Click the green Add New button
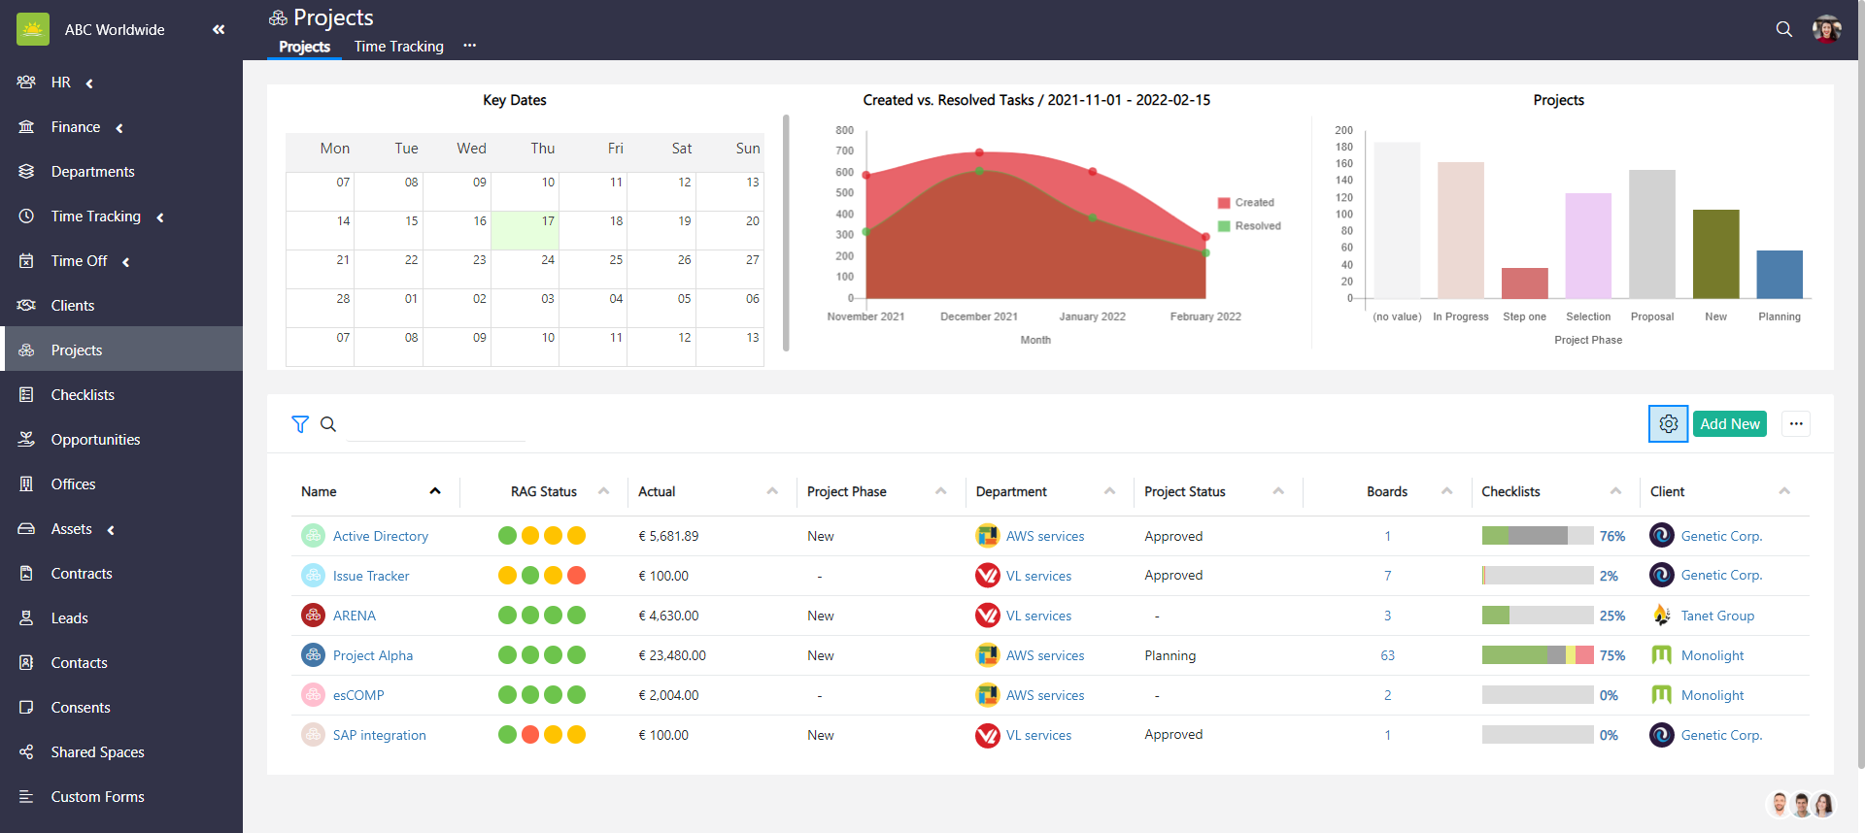point(1729,424)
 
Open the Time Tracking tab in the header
point(398,47)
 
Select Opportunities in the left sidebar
point(95,440)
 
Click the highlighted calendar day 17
point(525,230)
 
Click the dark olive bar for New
point(1715,254)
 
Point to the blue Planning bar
point(1779,275)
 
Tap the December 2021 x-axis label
point(978,317)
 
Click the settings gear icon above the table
point(1668,424)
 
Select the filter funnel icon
point(300,424)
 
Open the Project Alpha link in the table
point(373,655)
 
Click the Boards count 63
point(1387,655)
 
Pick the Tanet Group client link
point(1716,616)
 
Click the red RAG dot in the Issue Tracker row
point(576,576)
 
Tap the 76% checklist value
point(1611,536)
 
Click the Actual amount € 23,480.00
point(672,655)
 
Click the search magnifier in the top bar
point(1783,29)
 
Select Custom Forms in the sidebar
point(97,797)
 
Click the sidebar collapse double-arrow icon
point(219,30)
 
